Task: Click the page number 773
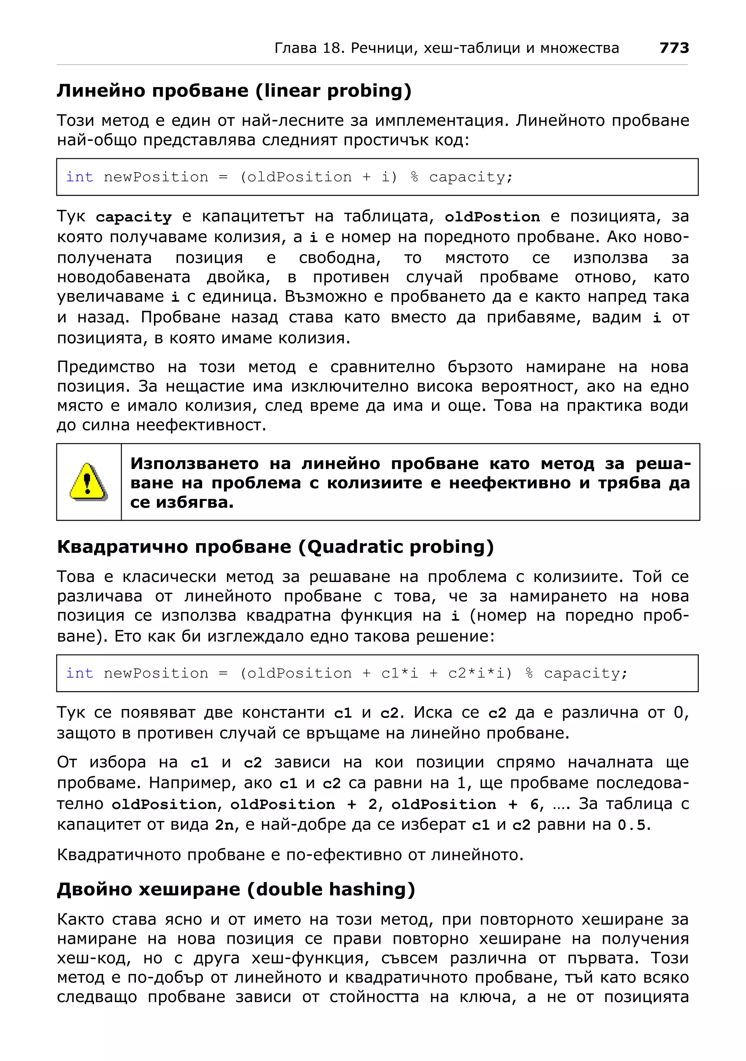(x=674, y=48)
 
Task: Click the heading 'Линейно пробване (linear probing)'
(x=234, y=91)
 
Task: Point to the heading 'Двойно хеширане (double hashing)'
(x=236, y=889)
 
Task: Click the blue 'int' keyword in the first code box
(x=79, y=177)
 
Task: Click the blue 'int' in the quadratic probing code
(x=79, y=673)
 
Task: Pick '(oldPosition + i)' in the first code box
(x=318, y=177)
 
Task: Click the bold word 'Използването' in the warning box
(x=195, y=464)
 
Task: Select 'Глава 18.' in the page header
(x=310, y=48)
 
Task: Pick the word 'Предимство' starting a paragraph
(x=106, y=367)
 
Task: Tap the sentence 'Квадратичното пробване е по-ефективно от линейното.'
(x=290, y=855)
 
